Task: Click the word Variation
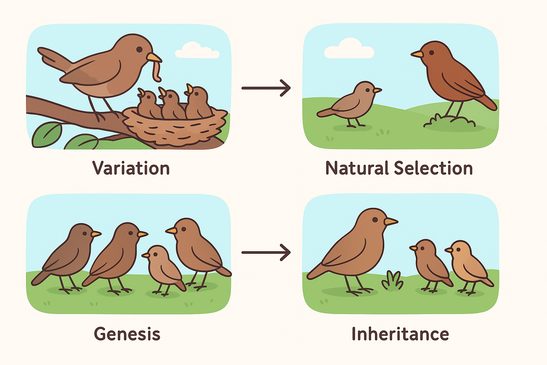tap(131, 168)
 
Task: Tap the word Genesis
tap(127, 334)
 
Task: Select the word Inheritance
tap(400, 334)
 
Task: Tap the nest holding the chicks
tap(174, 128)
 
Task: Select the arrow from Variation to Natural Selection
tap(266, 88)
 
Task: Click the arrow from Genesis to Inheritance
tap(266, 252)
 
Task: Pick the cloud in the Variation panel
tap(197, 51)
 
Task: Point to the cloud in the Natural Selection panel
tap(349, 49)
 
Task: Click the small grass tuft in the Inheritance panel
tap(392, 281)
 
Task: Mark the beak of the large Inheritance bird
tap(390, 221)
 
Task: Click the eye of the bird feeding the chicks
tap(139, 49)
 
